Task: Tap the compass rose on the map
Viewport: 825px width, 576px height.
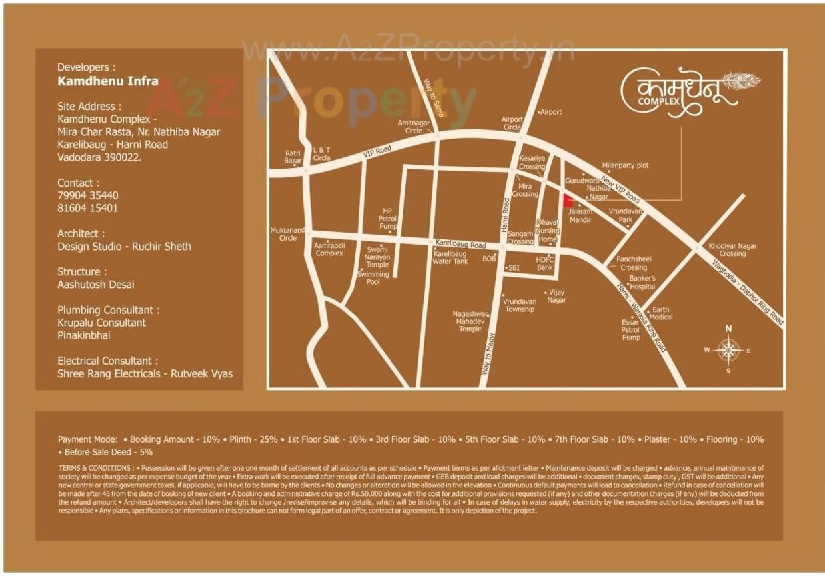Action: point(728,349)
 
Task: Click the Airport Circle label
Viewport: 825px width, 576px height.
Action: point(512,123)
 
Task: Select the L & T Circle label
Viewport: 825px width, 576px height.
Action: point(322,154)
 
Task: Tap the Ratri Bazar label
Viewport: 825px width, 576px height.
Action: point(293,157)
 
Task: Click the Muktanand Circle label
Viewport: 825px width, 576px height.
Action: point(287,234)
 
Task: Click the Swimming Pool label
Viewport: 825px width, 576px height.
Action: point(373,278)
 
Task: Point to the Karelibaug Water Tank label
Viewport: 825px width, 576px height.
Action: point(450,257)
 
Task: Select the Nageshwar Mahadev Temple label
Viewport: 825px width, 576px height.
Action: point(470,321)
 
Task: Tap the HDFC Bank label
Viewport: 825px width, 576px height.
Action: point(545,263)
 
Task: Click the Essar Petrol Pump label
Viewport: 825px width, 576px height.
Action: point(630,329)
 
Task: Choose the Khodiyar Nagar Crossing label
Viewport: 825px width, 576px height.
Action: point(732,250)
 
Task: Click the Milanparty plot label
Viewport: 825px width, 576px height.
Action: point(625,165)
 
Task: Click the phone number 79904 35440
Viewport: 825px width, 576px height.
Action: point(88,195)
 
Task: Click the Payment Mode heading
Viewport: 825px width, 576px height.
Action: point(87,439)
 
